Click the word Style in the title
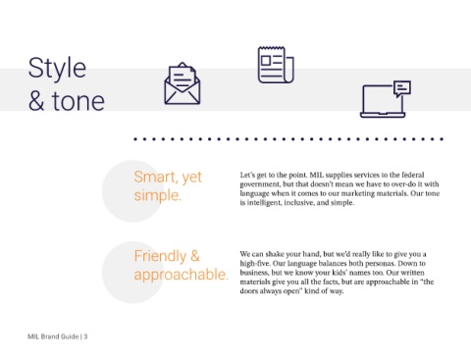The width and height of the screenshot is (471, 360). point(57,70)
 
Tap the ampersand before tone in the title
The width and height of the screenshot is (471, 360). point(36,101)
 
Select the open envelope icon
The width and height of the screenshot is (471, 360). point(183,83)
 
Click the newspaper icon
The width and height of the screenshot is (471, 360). point(276,65)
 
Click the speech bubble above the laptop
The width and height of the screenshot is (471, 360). point(402,88)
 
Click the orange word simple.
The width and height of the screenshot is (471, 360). point(157,195)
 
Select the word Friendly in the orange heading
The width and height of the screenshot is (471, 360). point(160,256)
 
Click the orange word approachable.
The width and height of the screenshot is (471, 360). point(181,275)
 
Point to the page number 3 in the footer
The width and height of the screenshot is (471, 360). point(85,336)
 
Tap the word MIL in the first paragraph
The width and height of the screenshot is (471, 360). point(316,175)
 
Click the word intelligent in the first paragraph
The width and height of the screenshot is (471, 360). point(263,203)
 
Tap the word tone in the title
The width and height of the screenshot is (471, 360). point(78,101)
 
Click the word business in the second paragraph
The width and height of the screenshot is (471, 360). point(253,273)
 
